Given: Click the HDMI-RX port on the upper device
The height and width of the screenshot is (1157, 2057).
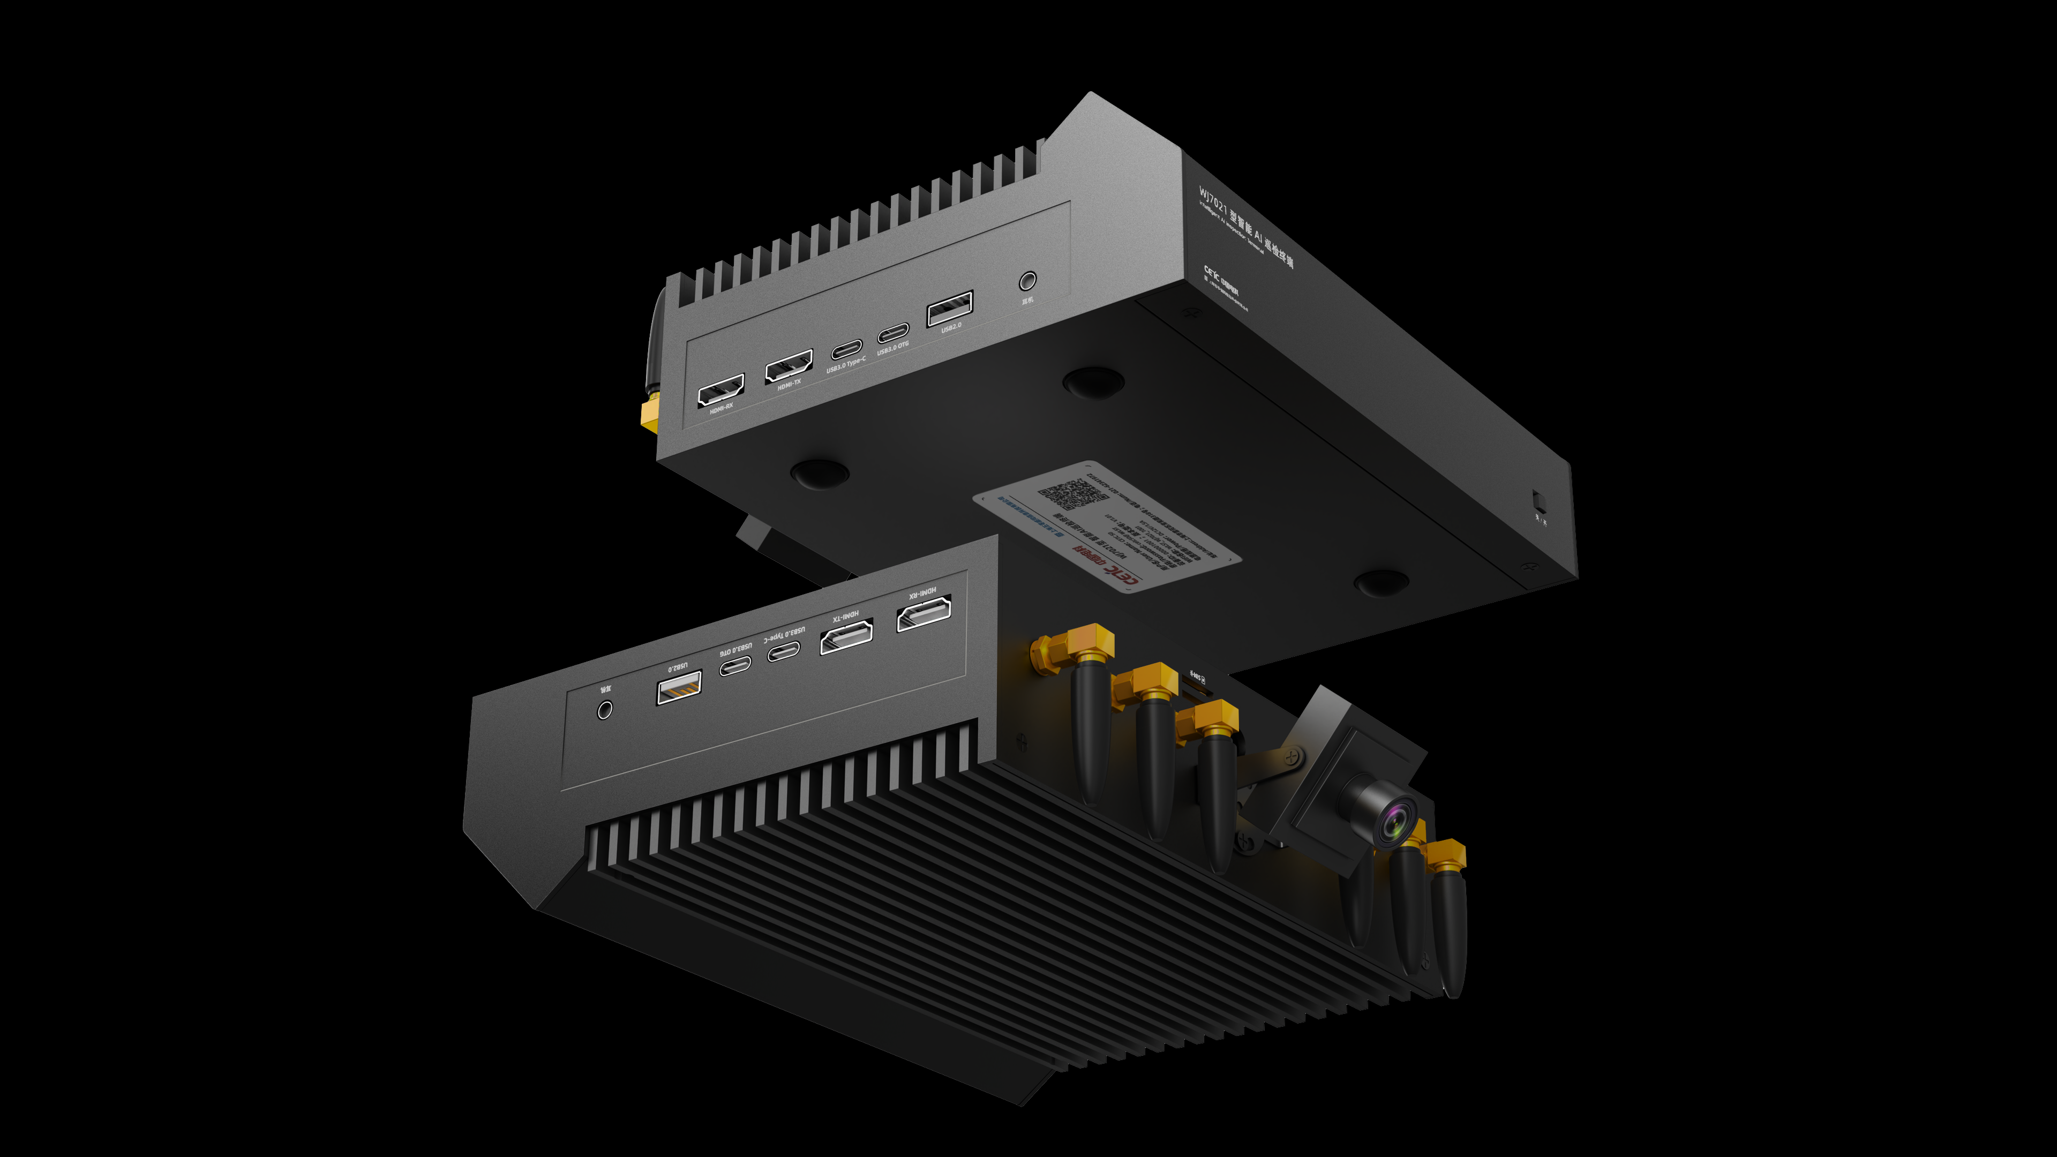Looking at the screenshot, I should pyautogui.click(x=720, y=390).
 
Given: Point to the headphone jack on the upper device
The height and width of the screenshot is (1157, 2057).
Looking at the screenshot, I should pyautogui.click(x=1028, y=280).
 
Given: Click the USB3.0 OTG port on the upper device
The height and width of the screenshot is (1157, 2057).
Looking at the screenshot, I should pyautogui.click(x=893, y=332).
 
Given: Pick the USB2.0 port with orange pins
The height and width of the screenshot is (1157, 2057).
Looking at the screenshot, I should pyautogui.click(x=679, y=687).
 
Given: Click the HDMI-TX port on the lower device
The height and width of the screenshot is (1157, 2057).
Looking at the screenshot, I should pyautogui.click(x=846, y=637).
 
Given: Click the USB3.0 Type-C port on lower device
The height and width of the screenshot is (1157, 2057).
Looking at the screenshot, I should pyautogui.click(x=783, y=651).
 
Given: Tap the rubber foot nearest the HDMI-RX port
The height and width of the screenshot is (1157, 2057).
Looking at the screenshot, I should pyautogui.click(x=819, y=472).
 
